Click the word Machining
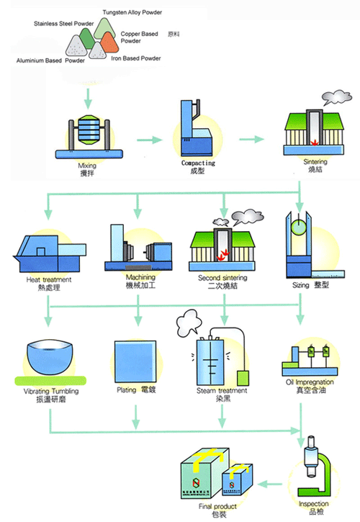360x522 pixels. [140, 277]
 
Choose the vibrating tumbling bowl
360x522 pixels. [49, 361]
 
